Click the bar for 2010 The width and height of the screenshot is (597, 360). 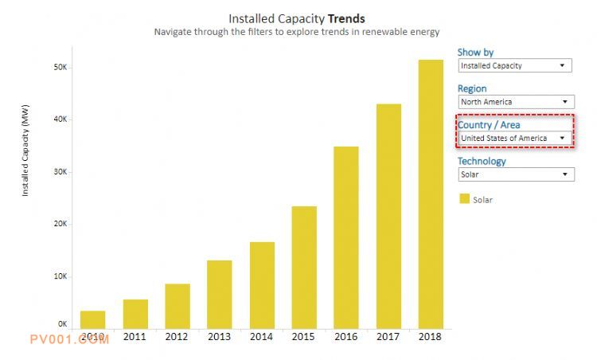(92, 319)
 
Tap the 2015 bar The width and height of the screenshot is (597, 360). (304, 267)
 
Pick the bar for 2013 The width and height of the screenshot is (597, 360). (220, 294)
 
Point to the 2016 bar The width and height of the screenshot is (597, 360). (345, 237)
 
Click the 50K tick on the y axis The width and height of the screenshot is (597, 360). (60, 68)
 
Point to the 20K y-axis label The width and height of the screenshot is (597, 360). (60, 224)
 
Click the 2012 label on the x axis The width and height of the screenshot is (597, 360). (178, 337)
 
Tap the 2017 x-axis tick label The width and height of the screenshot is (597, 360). (388, 337)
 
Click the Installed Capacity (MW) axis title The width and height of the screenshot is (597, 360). (25, 155)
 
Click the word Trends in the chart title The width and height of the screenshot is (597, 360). (346, 18)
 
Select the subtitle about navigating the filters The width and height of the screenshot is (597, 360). (296, 33)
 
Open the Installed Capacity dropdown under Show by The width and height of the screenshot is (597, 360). (515, 66)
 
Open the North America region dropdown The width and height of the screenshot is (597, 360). (515, 102)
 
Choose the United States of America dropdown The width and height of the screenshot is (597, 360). (515, 138)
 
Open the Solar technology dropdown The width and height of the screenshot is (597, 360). (515, 174)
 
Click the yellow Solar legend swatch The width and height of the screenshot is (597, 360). (464, 199)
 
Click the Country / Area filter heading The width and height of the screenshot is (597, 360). (489, 125)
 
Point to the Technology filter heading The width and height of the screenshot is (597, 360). (482, 161)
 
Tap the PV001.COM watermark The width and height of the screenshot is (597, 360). (69, 339)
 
